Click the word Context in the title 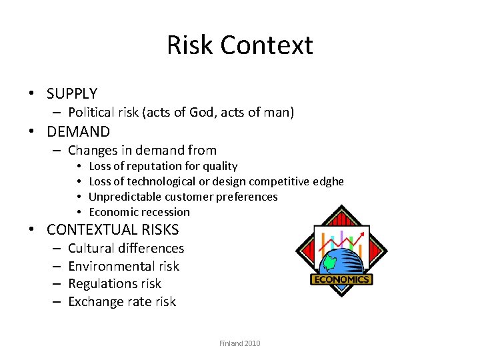click(x=267, y=45)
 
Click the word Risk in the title click(x=190, y=45)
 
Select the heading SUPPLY click(x=72, y=93)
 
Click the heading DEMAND click(x=78, y=131)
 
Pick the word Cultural click(x=93, y=249)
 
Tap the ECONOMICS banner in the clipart click(x=341, y=279)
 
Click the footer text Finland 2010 click(x=240, y=343)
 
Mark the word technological click(x=155, y=181)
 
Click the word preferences click(x=245, y=197)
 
